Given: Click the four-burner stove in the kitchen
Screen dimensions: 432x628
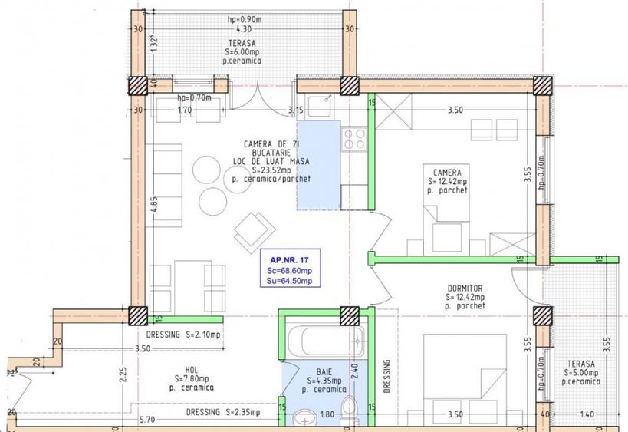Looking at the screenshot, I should [353, 139].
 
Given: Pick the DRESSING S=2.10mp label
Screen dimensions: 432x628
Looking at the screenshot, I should [183, 335].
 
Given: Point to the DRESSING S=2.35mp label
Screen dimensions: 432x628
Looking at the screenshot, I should [222, 412].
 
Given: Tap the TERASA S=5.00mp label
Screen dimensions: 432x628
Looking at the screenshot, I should [581, 371].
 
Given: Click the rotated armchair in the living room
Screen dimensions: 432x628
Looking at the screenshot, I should [253, 227].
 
